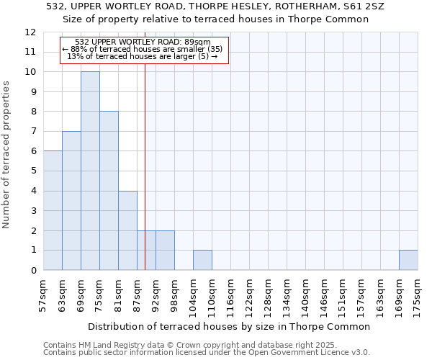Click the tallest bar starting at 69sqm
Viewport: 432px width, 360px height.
(x=90, y=171)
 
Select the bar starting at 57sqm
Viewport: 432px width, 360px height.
(x=53, y=210)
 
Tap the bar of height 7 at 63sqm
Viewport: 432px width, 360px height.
(x=71, y=200)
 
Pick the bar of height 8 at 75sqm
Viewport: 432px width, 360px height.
(x=109, y=191)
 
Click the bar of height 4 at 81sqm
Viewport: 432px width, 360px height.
(x=127, y=230)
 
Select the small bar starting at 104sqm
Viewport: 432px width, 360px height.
(x=202, y=260)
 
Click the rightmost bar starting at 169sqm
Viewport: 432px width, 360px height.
(x=408, y=260)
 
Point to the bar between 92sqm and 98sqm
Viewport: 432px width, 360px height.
(x=165, y=251)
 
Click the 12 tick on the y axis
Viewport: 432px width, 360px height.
(x=30, y=32)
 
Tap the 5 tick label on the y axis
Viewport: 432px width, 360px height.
(x=32, y=171)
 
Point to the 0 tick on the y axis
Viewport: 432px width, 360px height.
(x=32, y=271)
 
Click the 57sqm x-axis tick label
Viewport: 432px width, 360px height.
(x=44, y=294)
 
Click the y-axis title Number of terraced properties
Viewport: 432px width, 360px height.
(x=6, y=155)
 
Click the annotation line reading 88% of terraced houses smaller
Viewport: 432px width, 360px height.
(x=144, y=49)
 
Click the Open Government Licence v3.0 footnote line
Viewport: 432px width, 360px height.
(x=207, y=352)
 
